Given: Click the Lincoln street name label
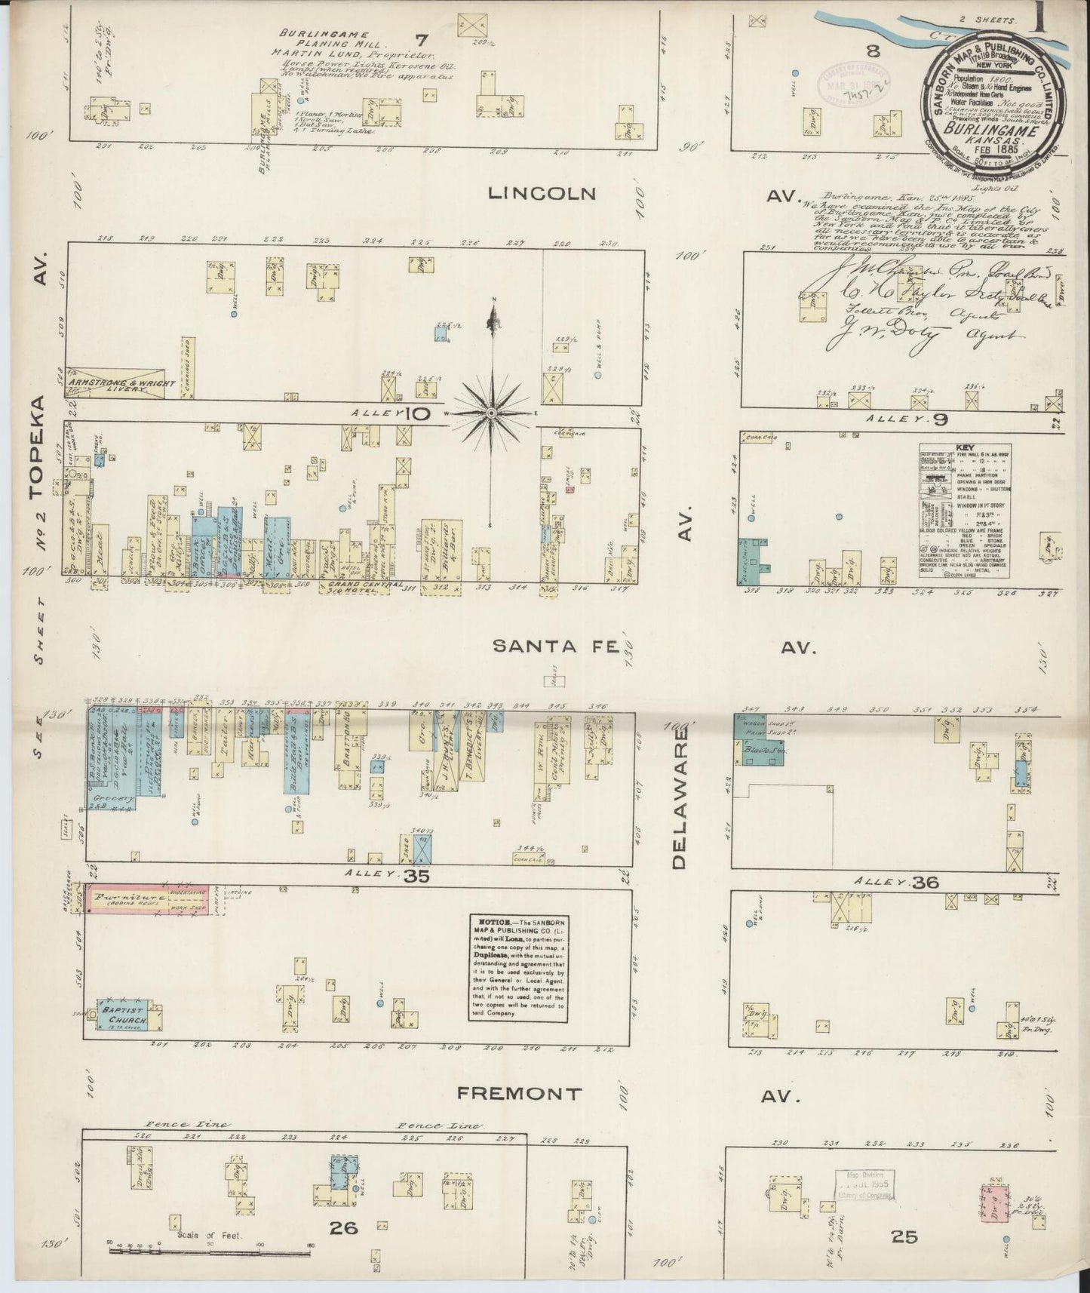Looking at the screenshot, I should click(542, 193).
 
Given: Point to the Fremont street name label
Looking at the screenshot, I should click(520, 1093).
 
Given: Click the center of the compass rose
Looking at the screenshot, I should click(490, 413).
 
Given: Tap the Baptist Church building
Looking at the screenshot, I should click(122, 1015).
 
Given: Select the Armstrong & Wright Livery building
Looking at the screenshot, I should click(113, 383).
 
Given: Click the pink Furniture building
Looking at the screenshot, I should click(148, 898).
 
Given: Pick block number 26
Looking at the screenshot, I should click(343, 1228).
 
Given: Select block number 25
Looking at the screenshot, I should click(903, 1236).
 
